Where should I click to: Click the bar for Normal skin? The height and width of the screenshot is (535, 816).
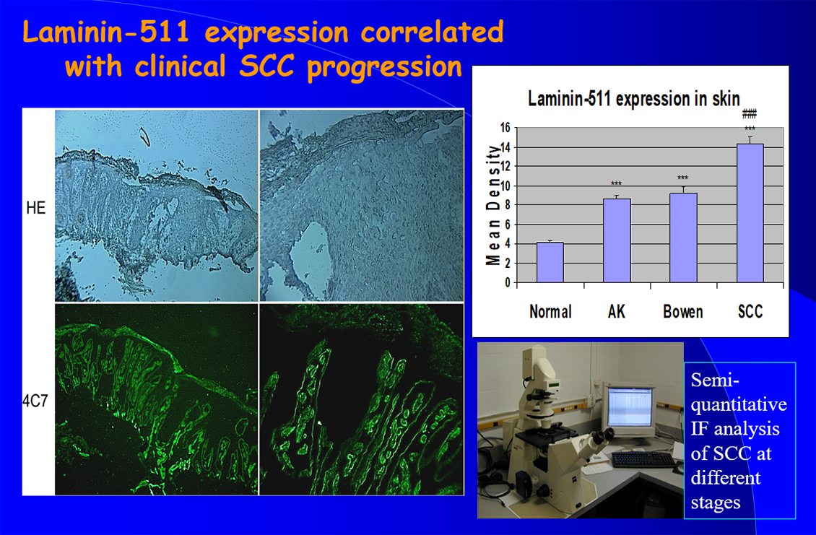[x=550, y=262]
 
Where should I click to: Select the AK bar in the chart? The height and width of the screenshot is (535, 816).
[x=617, y=240]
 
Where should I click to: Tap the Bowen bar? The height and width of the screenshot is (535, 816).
[x=683, y=238]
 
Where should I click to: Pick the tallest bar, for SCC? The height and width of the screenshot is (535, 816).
[x=750, y=214]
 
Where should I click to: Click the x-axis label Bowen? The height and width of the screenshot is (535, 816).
[x=683, y=312]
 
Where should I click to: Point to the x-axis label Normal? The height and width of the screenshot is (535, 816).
[x=550, y=312]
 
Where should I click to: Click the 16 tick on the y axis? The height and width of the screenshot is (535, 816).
[x=505, y=128]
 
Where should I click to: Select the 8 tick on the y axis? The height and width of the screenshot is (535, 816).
[x=508, y=205]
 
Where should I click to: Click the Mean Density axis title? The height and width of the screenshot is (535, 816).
[x=492, y=205]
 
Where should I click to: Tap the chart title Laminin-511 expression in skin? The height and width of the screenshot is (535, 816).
[x=634, y=98]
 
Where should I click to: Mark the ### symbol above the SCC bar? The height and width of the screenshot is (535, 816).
[x=750, y=113]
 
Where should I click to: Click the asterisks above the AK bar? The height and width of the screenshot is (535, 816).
[x=616, y=183]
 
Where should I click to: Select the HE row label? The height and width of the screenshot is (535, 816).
[x=36, y=208]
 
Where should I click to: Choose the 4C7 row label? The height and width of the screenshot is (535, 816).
[x=35, y=401]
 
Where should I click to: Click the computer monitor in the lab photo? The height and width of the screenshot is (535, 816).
[x=629, y=409]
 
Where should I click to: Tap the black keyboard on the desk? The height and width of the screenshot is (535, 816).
[x=643, y=459]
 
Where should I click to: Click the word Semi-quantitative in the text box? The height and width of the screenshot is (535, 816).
[x=739, y=392]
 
